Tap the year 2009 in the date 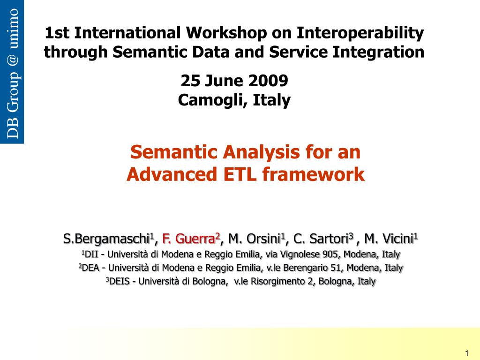coord(268,81)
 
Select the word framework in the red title coord(314,174)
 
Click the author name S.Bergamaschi coord(106,239)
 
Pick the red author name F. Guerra coord(188,239)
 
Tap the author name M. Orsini coord(255,239)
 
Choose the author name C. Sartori coord(321,239)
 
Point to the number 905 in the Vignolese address coord(330,254)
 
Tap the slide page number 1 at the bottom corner coord(467,353)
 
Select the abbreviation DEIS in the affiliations coord(120,281)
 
